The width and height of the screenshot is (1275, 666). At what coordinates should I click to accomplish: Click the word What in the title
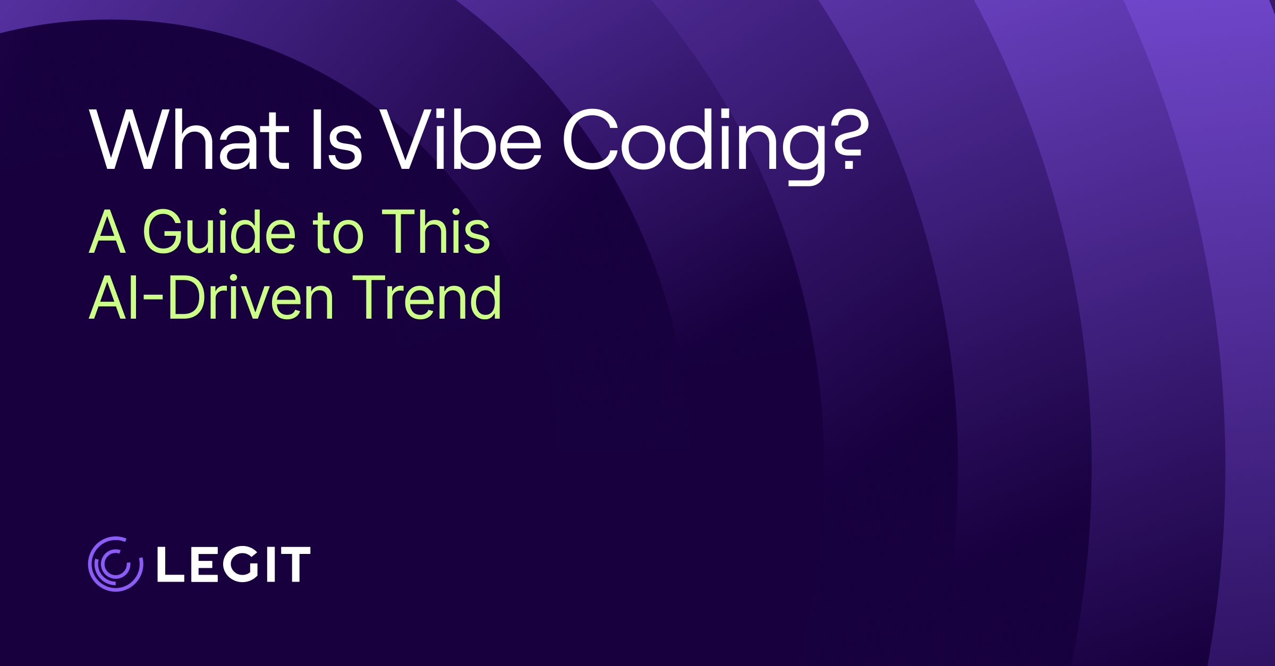click(190, 140)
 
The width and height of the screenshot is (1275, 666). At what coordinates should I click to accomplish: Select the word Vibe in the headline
click(460, 139)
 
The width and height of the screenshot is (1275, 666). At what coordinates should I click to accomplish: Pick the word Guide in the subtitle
click(219, 230)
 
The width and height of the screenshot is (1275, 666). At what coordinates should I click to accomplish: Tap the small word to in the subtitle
click(338, 233)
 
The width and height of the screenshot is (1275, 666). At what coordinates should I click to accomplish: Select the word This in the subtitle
click(436, 230)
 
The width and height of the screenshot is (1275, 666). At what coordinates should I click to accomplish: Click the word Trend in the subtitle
click(427, 297)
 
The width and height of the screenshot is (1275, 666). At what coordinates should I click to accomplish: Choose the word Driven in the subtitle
click(251, 297)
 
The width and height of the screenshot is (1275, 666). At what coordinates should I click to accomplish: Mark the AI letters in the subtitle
click(114, 297)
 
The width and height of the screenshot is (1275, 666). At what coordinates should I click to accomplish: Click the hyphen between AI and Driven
click(153, 301)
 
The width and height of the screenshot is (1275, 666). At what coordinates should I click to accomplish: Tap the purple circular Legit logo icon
click(115, 563)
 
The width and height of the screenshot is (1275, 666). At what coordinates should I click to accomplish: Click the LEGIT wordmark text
click(234, 564)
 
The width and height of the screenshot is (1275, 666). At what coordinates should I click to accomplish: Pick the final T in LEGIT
click(295, 564)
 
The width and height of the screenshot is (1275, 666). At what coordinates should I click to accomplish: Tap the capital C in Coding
click(590, 139)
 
